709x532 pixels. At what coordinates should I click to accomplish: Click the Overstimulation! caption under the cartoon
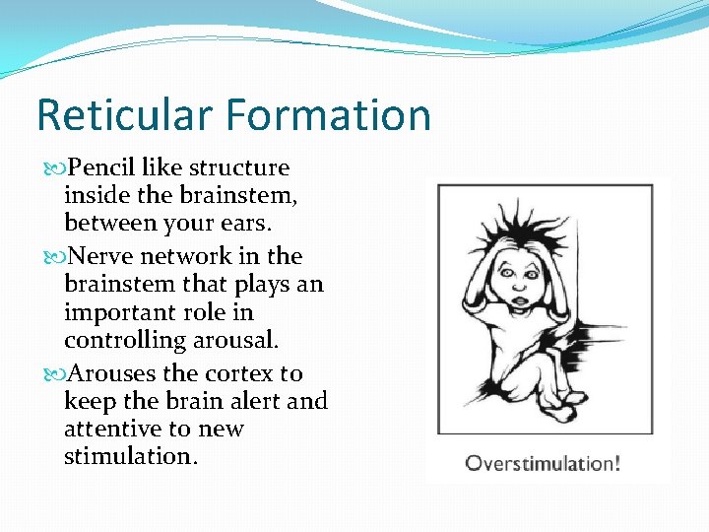pos(543,462)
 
